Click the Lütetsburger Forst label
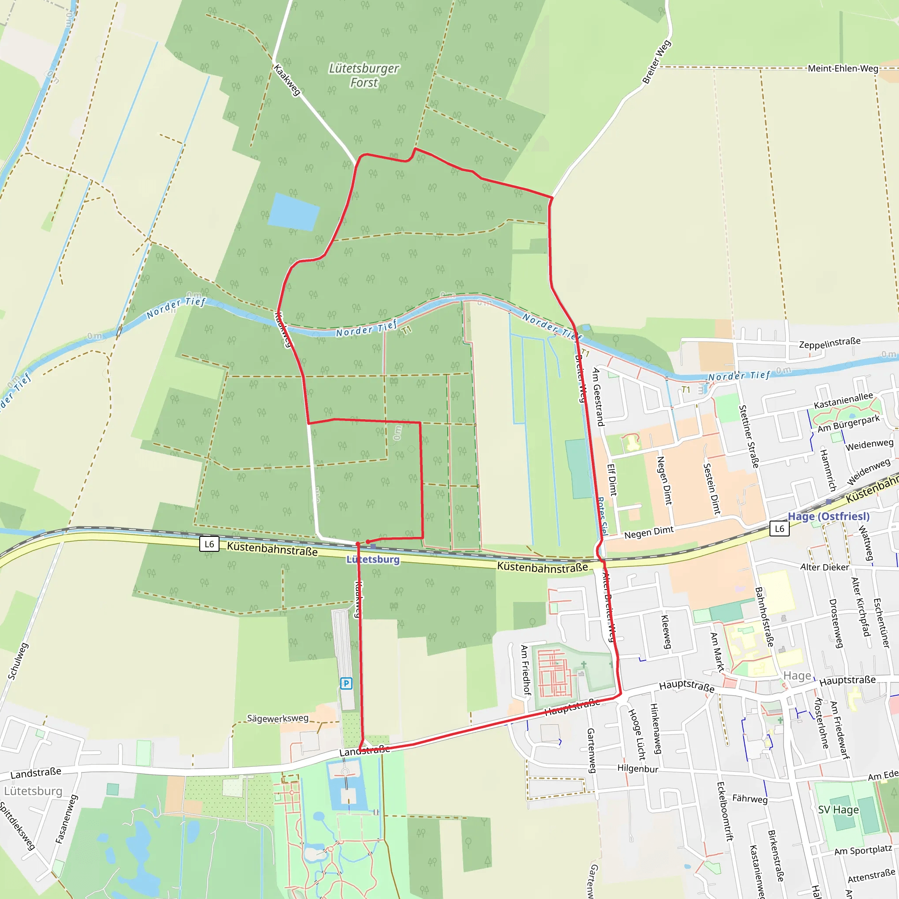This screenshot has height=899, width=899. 363,76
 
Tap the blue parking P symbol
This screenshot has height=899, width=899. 346,683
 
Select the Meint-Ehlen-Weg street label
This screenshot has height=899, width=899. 843,68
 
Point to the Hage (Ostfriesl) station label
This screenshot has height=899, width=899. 828,516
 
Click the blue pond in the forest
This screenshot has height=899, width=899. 294,212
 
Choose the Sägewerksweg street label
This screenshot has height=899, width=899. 277,718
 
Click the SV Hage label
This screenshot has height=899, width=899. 838,809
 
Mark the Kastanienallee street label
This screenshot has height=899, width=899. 843,400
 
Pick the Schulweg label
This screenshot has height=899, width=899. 18,661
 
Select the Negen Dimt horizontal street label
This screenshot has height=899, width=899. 649,532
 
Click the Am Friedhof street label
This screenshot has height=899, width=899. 526,670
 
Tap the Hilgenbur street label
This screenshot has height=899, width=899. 637,768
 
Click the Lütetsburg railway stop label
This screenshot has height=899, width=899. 373,559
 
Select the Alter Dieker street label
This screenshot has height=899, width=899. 824,567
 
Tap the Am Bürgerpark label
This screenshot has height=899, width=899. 849,423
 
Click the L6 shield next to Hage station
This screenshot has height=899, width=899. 780,529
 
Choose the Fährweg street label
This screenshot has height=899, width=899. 750,798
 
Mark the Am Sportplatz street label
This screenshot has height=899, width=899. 863,850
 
